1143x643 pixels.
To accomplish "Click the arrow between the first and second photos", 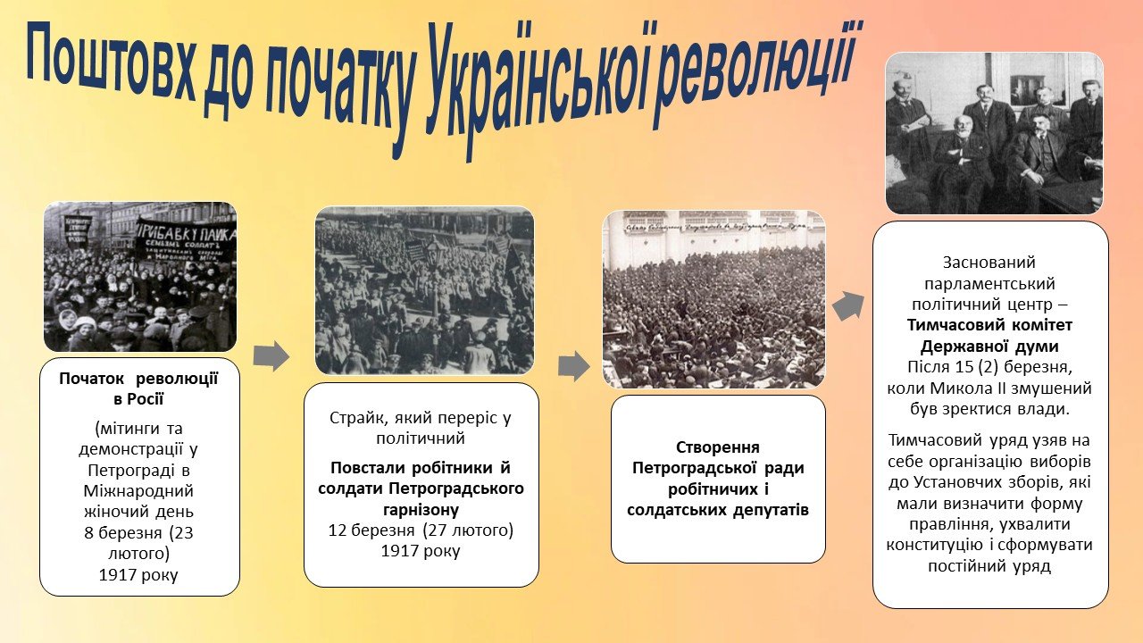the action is coord(271,355).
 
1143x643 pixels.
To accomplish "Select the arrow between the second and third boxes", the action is coord(574,366).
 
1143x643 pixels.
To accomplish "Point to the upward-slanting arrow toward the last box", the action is coord(848,306).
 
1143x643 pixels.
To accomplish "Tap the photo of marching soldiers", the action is coord(424,291).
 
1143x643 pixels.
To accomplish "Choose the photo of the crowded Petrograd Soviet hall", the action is coord(713,299).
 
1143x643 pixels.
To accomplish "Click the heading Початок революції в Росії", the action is coord(138,388).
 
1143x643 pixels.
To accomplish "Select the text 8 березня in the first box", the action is coord(123,533).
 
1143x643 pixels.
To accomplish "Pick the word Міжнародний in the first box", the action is coord(138,491).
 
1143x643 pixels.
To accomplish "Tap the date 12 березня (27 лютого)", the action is coord(421,530).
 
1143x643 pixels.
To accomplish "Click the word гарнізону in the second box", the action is coord(421,509).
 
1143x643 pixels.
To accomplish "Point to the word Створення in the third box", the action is coord(718,447).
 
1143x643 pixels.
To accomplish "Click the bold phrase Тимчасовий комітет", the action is coord(990,325).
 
